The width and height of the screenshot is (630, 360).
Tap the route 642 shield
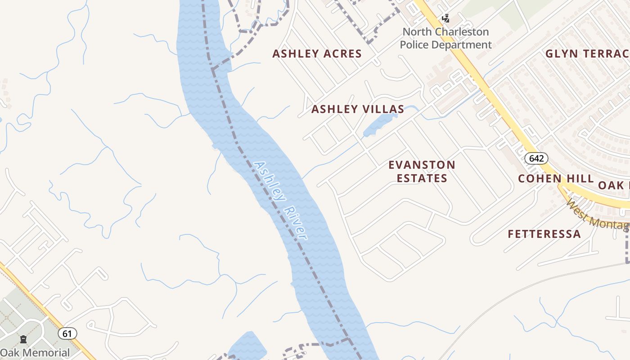[x=536, y=158]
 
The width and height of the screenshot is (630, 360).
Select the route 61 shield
[x=67, y=333]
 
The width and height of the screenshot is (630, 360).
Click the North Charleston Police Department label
[x=445, y=38]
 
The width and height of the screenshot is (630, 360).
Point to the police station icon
[x=445, y=18]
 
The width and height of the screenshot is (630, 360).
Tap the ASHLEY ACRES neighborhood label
[x=317, y=54]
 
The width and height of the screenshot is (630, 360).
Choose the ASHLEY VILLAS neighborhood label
[x=358, y=109]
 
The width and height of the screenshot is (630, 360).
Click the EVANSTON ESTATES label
[x=422, y=171]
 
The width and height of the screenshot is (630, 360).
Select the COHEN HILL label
[x=556, y=179]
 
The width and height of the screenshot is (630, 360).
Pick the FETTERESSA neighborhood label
[x=544, y=234]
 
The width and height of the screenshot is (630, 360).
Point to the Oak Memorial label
[x=35, y=353]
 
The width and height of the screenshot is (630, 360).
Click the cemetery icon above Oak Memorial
[x=23, y=339]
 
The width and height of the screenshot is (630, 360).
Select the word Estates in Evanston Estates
[x=422, y=178]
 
